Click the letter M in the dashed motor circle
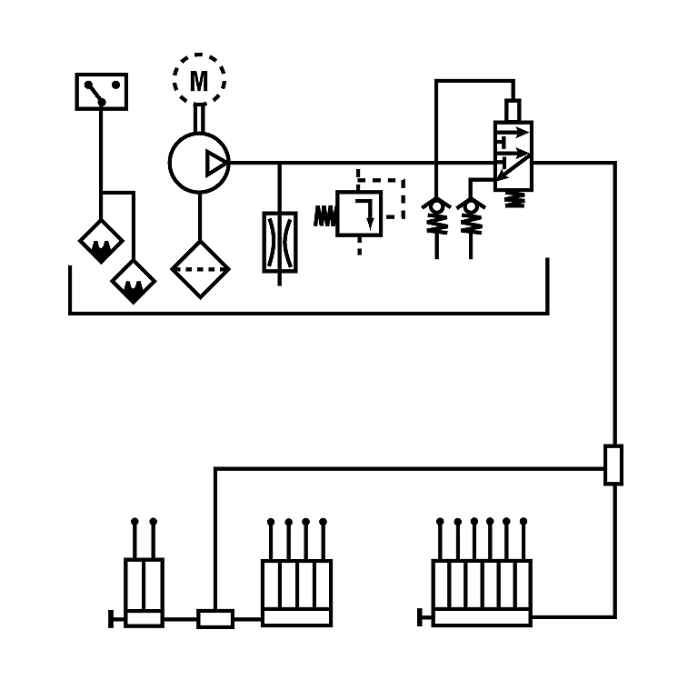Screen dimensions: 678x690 (x=199, y=81)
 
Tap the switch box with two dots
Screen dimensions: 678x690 (x=102, y=92)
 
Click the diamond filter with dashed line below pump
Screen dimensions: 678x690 (x=200, y=269)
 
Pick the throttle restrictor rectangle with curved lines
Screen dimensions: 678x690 (x=280, y=242)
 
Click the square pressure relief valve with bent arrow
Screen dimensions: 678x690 (x=359, y=214)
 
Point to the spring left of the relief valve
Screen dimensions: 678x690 (x=324, y=216)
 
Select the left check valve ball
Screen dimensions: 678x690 (x=436, y=205)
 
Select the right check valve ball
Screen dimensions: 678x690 (x=471, y=205)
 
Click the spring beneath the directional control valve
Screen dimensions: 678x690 (x=514, y=199)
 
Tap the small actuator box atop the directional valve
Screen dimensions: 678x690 (x=513, y=110)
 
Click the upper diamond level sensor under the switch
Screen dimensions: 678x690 (x=101, y=241)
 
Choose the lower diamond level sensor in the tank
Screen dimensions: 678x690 (x=134, y=282)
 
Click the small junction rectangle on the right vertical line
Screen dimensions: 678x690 (x=613, y=465)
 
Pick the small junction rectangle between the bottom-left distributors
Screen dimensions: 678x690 (x=215, y=619)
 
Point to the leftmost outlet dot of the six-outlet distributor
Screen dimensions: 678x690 (x=440, y=522)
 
